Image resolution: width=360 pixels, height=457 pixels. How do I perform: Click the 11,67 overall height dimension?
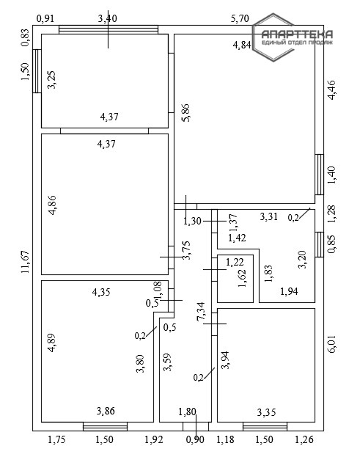pyautogui.click(x=26, y=262)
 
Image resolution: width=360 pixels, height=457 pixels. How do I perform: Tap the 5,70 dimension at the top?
pyautogui.click(x=240, y=18)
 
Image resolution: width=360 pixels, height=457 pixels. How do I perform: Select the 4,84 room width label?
pyautogui.click(x=242, y=45)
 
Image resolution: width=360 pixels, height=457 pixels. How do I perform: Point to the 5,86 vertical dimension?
pyautogui.click(x=185, y=113)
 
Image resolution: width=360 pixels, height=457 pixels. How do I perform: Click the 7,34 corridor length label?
pyautogui.click(x=201, y=312)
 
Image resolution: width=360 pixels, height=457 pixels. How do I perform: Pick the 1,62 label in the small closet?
pyautogui.click(x=242, y=278)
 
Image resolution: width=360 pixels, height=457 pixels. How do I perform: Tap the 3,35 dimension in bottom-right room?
pyautogui.click(x=266, y=412)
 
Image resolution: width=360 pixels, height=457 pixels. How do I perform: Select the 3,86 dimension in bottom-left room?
pyautogui.click(x=106, y=411)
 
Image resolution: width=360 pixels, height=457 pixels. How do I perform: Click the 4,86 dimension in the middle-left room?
pyautogui.click(x=53, y=205)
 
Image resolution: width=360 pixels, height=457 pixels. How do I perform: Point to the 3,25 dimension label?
pyautogui.click(x=53, y=79)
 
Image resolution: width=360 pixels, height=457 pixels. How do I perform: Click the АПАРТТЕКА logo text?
pyautogui.click(x=297, y=34)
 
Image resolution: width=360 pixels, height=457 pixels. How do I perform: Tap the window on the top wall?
pyautogui.click(x=109, y=30)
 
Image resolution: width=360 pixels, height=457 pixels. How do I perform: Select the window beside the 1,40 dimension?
pyautogui.click(x=320, y=175)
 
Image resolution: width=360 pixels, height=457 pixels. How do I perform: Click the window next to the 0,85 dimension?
pyautogui.click(x=320, y=244)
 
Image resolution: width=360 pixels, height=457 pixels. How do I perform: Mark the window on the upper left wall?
pyautogui.click(x=37, y=71)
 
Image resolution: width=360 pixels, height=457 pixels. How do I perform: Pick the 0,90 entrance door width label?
pyautogui.click(x=196, y=439)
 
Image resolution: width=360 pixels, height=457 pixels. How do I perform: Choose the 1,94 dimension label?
pyautogui.click(x=289, y=291)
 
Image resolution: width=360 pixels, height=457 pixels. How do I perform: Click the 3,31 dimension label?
pyautogui.click(x=268, y=216)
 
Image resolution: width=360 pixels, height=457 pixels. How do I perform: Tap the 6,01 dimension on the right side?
pyautogui.click(x=331, y=344)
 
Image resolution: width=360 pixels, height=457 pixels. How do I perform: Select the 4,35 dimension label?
pyautogui.click(x=101, y=292)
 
